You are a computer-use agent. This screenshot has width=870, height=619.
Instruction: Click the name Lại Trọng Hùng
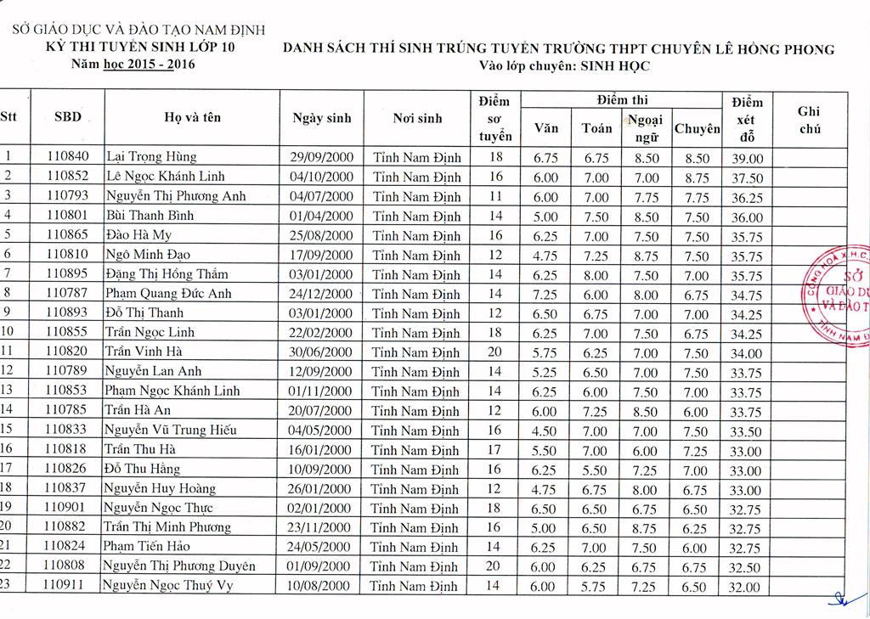click(150, 157)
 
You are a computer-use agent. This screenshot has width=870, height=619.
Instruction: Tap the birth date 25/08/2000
click(321, 235)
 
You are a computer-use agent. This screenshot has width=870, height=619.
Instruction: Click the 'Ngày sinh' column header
click(321, 118)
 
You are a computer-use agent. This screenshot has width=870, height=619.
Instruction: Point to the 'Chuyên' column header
click(697, 128)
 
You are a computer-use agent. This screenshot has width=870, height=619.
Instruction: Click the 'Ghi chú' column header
click(809, 119)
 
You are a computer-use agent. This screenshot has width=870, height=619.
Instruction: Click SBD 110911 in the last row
click(67, 585)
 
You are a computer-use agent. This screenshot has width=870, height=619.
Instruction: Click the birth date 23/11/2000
click(321, 527)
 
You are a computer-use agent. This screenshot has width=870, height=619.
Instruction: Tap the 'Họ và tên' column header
click(196, 118)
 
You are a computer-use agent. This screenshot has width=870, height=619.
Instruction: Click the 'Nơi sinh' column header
click(417, 118)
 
